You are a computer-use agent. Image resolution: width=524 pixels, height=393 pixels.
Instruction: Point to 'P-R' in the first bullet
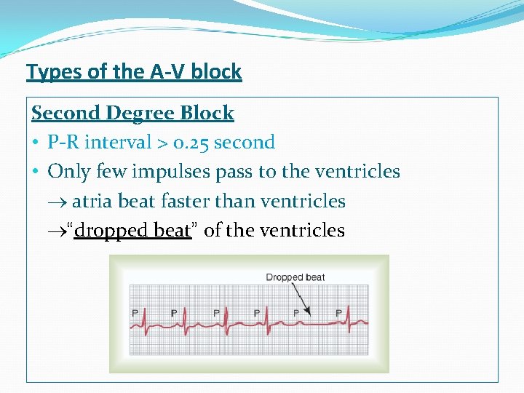[63, 142]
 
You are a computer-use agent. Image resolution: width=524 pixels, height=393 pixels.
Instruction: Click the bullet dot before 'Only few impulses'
[36, 172]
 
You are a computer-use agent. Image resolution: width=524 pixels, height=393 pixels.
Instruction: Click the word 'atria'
[92, 201]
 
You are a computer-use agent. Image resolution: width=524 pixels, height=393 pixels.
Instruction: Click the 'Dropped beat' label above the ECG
[295, 277]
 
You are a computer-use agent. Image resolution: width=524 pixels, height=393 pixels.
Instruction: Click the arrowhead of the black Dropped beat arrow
[309, 312]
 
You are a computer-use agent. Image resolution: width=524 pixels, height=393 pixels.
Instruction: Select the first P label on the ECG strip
[135, 313]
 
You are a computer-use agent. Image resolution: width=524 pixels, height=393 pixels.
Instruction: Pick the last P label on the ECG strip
[338, 313]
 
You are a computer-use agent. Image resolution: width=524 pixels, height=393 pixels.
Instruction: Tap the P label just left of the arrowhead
[295, 313]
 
